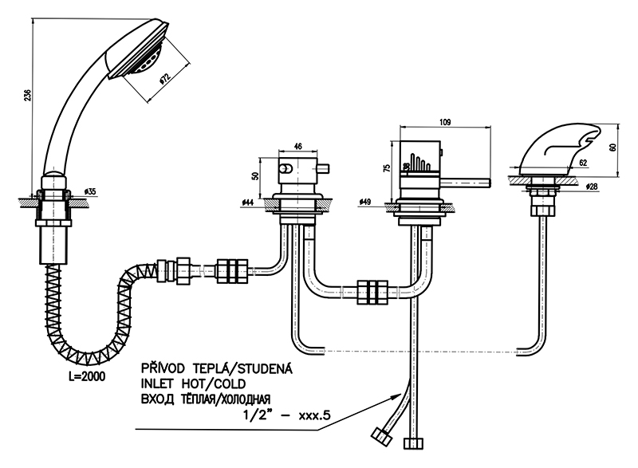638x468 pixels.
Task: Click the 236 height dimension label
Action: pyautogui.click(x=27, y=95)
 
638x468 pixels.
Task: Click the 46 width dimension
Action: pyautogui.click(x=297, y=146)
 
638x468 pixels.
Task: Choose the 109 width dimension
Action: pyautogui.click(x=445, y=122)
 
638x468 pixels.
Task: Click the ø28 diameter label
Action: pyautogui.click(x=592, y=186)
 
